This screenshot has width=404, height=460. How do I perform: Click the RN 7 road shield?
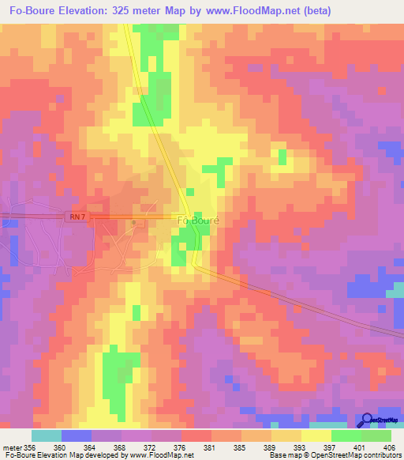tap(75, 216)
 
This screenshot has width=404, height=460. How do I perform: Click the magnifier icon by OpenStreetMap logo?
tap(365, 420)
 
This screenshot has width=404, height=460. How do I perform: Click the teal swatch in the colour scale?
tap(46, 435)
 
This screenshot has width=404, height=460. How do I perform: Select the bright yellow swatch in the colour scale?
tap(316, 435)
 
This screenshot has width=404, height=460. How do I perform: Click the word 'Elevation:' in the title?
tap(95, 11)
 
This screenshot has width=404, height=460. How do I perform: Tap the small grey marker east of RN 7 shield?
tap(134, 224)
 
